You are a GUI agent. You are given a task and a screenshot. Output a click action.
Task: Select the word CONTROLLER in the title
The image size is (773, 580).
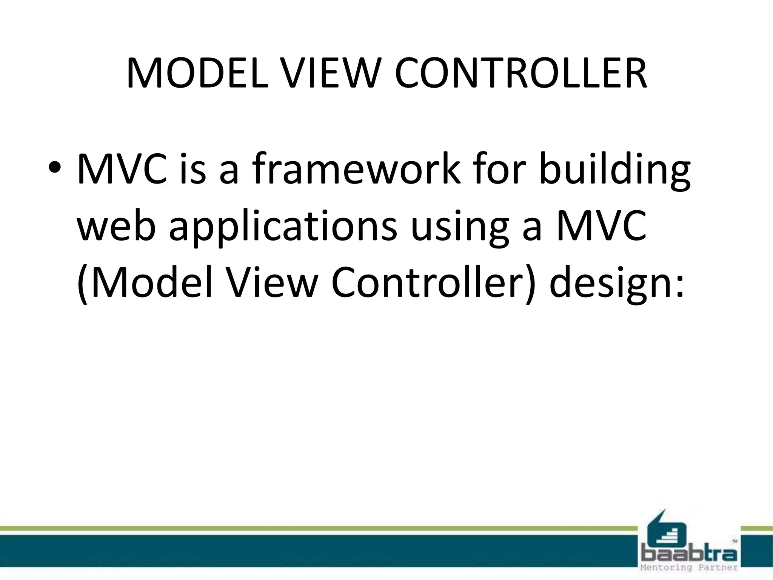(521, 74)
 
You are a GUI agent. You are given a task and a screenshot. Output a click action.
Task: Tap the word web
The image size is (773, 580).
(117, 227)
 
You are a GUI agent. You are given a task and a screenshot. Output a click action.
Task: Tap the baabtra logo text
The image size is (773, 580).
(689, 555)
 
